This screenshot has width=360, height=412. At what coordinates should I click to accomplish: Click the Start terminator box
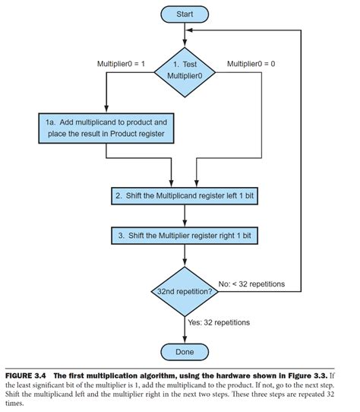pyautogui.click(x=185, y=14)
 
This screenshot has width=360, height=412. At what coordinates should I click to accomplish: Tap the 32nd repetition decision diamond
pyautogui.click(x=185, y=290)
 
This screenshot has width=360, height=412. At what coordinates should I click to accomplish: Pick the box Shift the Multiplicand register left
pyautogui.click(x=185, y=195)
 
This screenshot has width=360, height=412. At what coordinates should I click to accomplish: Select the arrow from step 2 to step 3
pyautogui.click(x=185, y=216)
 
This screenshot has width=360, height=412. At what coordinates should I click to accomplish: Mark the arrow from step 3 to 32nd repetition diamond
pyautogui.click(x=185, y=255)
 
